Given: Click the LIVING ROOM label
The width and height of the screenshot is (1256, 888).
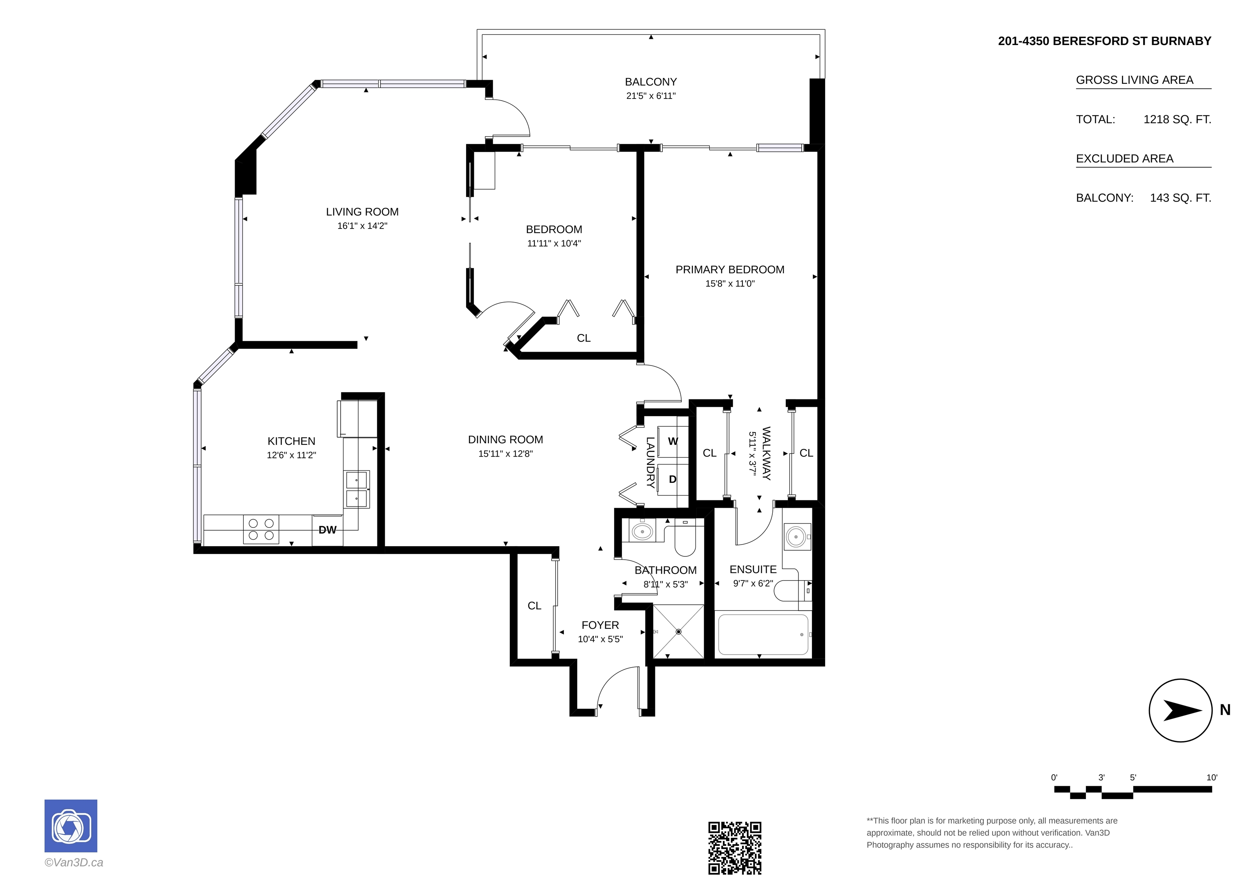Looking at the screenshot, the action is click(x=362, y=212).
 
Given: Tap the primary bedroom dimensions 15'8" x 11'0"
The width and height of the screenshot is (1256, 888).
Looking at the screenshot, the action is click(x=730, y=283).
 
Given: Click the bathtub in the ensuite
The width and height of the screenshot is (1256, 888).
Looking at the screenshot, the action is click(x=763, y=635).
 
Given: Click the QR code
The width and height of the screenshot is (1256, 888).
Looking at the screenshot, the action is click(x=735, y=848).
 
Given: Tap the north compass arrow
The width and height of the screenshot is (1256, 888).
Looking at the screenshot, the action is click(x=1182, y=710).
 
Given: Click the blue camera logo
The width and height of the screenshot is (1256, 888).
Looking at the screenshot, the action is click(x=71, y=825).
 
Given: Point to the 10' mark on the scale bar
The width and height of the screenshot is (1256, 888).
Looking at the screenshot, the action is click(x=1212, y=778).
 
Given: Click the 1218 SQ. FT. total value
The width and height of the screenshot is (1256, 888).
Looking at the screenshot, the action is click(x=1177, y=119).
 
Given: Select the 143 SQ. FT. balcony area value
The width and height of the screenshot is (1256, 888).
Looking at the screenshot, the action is click(x=1180, y=198).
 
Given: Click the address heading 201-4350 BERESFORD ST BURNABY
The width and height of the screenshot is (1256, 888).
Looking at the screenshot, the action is click(x=1104, y=41).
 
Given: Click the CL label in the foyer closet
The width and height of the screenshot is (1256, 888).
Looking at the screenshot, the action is click(x=534, y=605).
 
